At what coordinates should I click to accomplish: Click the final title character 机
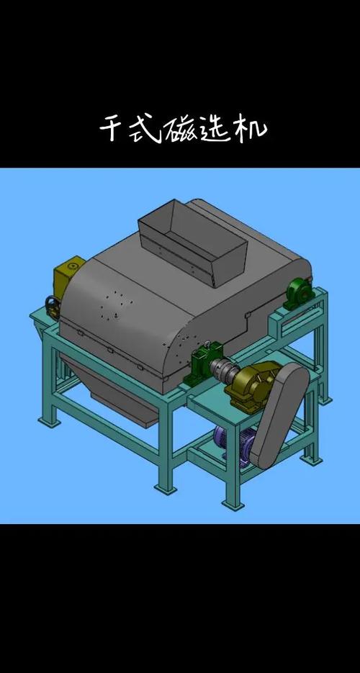click(250, 129)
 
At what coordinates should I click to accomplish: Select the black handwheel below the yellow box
click(53, 307)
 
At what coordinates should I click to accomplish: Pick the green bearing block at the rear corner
click(299, 293)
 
